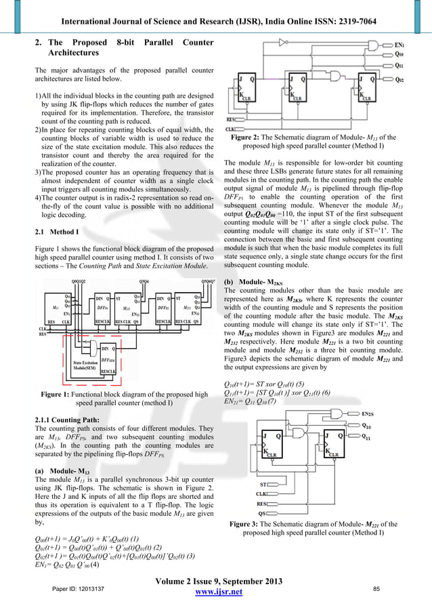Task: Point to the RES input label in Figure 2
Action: click(x=230, y=119)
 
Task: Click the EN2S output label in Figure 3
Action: click(x=368, y=413)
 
